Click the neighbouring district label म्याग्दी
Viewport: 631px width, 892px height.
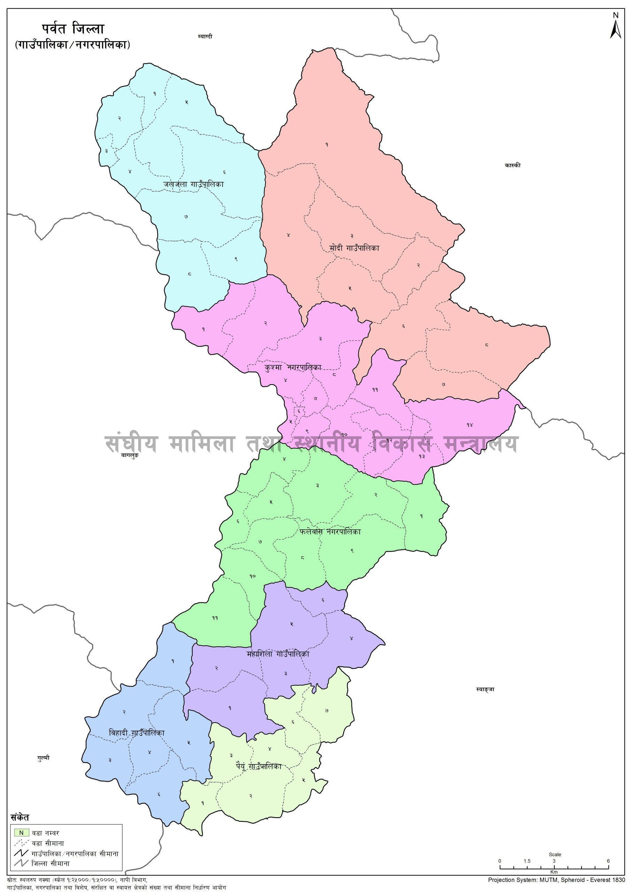coord(205,37)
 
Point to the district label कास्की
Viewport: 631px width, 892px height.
coord(513,165)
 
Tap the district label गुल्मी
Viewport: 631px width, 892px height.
coord(44,758)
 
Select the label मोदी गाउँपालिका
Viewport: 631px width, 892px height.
coord(354,248)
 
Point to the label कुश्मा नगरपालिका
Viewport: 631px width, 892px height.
coord(293,367)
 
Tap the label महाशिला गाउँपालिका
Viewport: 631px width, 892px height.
coord(278,654)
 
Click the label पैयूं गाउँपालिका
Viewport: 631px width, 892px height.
coord(258,767)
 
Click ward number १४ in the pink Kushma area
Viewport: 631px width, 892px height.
coord(470,425)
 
